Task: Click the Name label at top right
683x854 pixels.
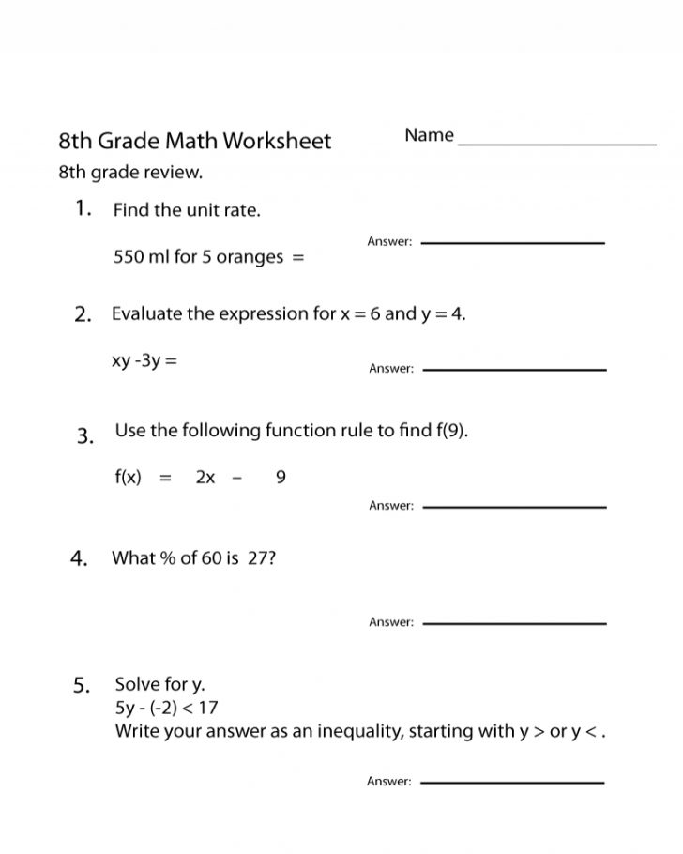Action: (429, 135)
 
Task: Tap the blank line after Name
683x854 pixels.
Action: (557, 144)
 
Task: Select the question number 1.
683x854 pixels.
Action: (83, 208)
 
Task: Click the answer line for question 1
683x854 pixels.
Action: (513, 243)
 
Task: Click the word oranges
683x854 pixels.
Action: (250, 257)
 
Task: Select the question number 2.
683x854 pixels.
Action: (83, 314)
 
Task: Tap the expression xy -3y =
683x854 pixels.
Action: (144, 358)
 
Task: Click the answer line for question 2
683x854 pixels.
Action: (514, 369)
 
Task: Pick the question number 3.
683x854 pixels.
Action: (85, 435)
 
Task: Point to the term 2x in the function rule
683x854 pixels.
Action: (205, 477)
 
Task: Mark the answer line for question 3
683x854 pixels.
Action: (514, 507)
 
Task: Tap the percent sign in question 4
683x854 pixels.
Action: (168, 558)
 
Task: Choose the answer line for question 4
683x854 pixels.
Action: (514, 623)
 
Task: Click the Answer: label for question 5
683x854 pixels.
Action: (389, 782)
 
